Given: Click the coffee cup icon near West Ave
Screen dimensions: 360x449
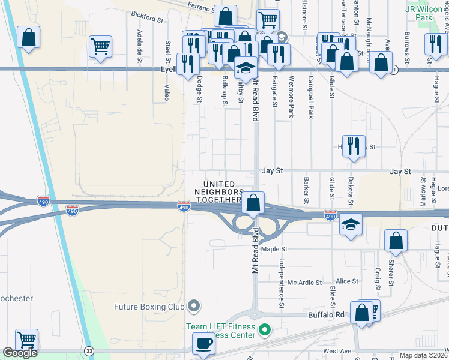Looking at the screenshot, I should pos(203,344).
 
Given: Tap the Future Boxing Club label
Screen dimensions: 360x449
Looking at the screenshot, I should pos(149,307).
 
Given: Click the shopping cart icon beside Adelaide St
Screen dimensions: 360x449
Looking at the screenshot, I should pos(100,46).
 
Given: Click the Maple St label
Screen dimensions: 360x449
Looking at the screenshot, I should pos(274,249).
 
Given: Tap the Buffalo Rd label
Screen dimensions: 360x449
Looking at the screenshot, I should pos(327,314).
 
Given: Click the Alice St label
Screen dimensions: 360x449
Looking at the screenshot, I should pos(346,281).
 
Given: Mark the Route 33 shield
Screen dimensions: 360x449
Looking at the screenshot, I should pos(89,350).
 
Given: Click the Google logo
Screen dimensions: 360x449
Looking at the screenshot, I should pos(20,353).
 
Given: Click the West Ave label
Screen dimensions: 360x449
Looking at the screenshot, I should pos(336,350).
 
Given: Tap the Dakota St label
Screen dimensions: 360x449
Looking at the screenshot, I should pos(351,188).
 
